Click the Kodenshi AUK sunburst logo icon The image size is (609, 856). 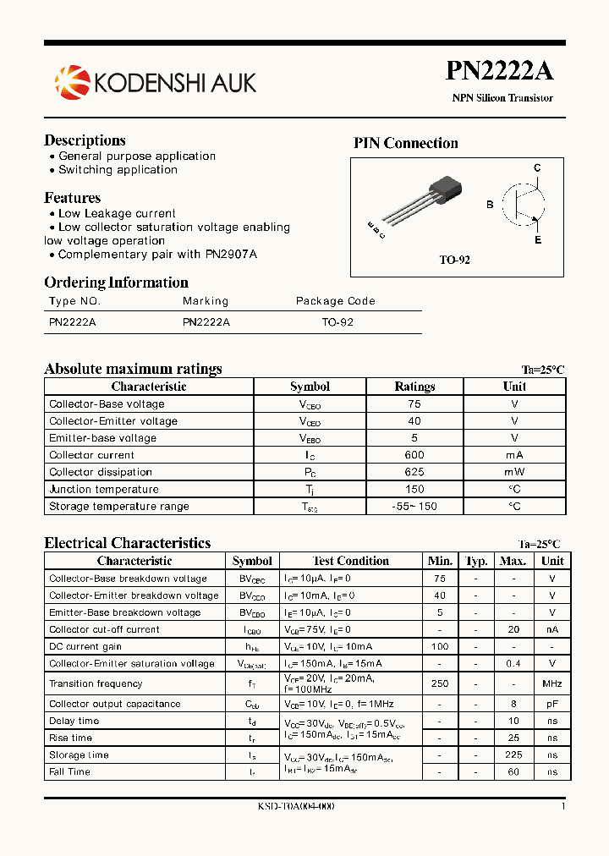(72, 82)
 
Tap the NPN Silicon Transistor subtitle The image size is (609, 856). (502, 98)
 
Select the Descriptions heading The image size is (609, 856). (85, 140)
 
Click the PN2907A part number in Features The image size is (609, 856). (231, 254)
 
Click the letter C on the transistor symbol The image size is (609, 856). (536, 168)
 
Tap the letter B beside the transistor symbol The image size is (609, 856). (490, 205)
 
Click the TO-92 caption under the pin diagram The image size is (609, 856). (454, 261)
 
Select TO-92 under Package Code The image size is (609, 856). (337, 322)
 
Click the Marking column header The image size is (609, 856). (206, 301)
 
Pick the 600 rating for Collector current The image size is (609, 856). (414, 455)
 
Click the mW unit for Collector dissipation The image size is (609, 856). (514, 472)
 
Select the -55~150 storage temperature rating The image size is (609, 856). (414, 507)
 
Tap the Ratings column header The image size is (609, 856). (414, 387)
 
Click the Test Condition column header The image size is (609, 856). (351, 561)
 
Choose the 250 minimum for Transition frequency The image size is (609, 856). (440, 683)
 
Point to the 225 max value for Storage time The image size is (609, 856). (513, 755)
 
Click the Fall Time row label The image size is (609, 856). (69, 772)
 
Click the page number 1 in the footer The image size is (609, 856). (562, 807)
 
